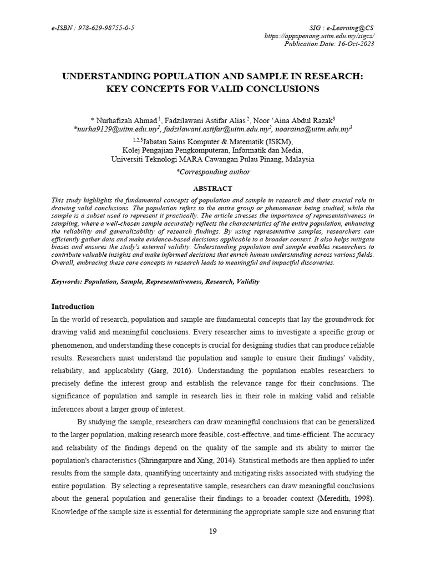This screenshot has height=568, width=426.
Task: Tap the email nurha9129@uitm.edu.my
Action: [x=108, y=128]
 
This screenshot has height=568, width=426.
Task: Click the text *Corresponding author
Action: [x=213, y=172]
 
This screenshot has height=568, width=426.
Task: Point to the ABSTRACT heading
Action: [x=212, y=189]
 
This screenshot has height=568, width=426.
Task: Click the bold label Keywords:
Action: [x=67, y=282]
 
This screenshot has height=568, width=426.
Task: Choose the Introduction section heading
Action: [x=73, y=307]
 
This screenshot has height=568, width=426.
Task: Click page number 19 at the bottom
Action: [x=213, y=531]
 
